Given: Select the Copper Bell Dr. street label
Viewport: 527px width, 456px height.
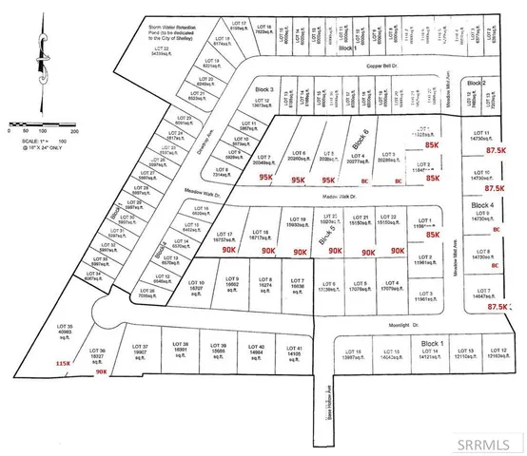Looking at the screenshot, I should tap(385, 66).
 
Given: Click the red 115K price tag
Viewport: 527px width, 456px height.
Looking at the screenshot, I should tap(64, 362).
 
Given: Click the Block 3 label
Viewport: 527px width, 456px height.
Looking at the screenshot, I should tap(265, 88).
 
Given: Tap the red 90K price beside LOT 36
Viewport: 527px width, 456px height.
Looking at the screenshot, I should tap(102, 372).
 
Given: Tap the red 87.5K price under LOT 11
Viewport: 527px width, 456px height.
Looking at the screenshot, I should tap(495, 151).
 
